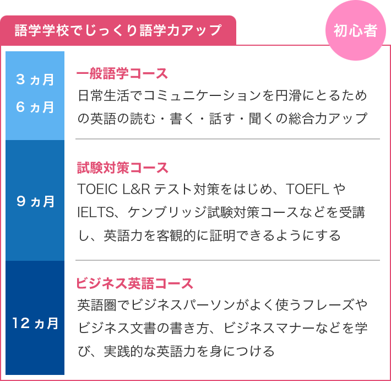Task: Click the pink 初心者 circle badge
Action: [x=356, y=30]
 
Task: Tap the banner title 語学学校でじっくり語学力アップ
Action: [x=118, y=30]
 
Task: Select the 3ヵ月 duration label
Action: [x=35, y=79]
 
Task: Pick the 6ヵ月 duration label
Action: [x=35, y=107]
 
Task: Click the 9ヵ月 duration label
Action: [x=35, y=201]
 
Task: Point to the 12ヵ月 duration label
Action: [x=35, y=323]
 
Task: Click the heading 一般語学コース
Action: [x=122, y=73]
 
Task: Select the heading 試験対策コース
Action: [x=122, y=167]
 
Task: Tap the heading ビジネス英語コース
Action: [x=134, y=283]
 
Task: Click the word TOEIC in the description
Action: [x=97, y=189]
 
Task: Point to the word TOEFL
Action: [x=307, y=189]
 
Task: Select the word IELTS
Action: [x=96, y=212]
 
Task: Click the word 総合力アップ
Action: [x=328, y=119]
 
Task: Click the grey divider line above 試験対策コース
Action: [x=227, y=139]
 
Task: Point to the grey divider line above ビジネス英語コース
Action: [x=227, y=260]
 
